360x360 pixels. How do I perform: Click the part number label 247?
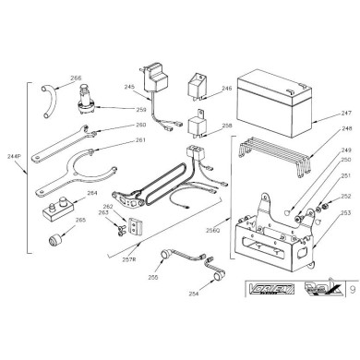320,109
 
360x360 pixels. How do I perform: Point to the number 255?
152,276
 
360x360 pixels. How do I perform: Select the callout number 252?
320,197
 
